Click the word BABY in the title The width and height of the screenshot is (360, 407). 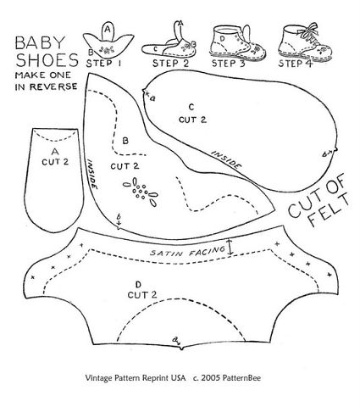pos(41,43)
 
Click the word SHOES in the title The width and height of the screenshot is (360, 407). pos(47,60)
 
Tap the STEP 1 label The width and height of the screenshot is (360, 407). pos(103,63)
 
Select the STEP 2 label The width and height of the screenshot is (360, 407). pos(170,63)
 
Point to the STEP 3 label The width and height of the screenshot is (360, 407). pos(229,63)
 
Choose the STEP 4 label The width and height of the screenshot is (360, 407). pos(296,63)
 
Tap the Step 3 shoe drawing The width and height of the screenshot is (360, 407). pos(238,41)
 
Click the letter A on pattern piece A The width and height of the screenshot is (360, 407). pos(55,152)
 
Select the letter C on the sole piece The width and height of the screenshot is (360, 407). pos(191,107)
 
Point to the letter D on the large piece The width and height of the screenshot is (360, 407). pos(138,284)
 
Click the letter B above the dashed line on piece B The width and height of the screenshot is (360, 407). pos(125,141)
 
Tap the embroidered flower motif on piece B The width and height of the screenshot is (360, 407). pos(141,192)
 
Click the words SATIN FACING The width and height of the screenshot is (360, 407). pos(187,251)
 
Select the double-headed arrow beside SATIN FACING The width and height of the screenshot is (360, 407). pos(230,247)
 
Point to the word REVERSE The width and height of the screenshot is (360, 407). pos(53,86)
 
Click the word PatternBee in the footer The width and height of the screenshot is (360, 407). pos(241,378)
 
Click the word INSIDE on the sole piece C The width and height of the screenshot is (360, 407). pos(227,159)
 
